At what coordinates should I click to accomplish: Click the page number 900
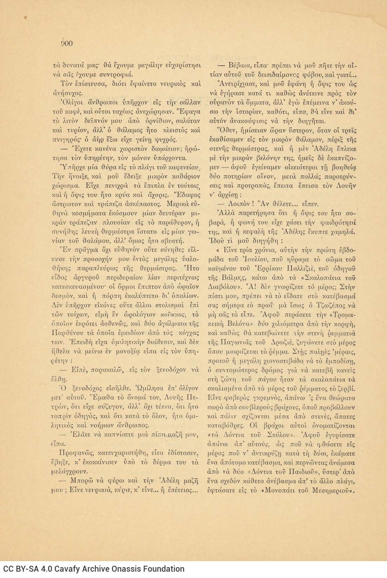67,43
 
